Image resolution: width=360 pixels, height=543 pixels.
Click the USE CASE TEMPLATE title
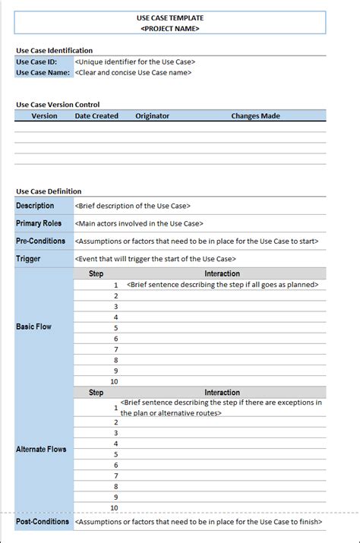pos(170,17)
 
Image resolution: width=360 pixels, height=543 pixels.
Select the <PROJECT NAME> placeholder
pos(170,28)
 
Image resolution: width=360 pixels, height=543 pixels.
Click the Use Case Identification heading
pos(54,50)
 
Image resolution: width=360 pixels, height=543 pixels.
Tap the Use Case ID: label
pos(36,62)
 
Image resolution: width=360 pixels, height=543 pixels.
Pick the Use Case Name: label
pos(43,73)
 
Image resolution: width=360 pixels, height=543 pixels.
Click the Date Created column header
pos(96,116)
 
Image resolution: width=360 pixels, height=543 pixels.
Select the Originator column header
pos(152,116)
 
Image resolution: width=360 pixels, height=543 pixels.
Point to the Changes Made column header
pos(255,116)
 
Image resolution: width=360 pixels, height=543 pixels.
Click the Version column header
pos(44,116)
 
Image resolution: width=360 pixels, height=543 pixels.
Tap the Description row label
pos(35,206)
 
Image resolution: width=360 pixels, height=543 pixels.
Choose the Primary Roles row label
pos(39,223)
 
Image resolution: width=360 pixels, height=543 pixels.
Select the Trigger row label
pos(28,259)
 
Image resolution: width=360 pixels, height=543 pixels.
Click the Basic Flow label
pos(33,327)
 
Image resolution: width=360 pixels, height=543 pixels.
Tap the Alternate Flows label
pos(41,450)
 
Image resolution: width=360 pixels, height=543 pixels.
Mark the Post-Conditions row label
pos(43,522)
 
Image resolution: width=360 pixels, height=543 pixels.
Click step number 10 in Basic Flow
pos(114,382)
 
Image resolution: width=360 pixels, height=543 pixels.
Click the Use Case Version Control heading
pos(58,105)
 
